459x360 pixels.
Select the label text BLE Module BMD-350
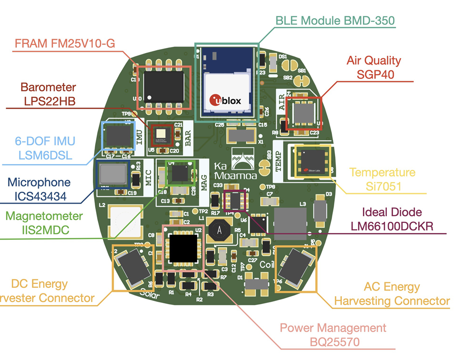(x=335, y=21)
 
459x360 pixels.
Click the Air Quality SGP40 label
(x=373, y=67)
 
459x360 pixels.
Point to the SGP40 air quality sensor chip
(x=303, y=113)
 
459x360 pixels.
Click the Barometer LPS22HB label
(x=48, y=94)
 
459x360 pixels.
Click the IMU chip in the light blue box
(x=118, y=136)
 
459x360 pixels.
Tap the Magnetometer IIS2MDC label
(x=44, y=224)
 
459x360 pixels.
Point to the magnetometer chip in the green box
(x=180, y=173)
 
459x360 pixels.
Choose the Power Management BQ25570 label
(x=333, y=335)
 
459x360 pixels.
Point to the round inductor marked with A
(x=218, y=231)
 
